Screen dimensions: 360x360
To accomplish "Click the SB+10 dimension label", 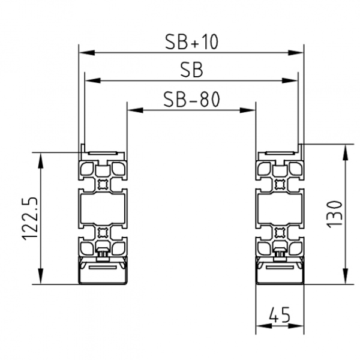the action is [x=191, y=41].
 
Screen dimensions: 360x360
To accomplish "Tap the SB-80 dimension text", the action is [x=191, y=100].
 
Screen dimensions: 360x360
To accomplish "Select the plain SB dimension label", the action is [x=191, y=70].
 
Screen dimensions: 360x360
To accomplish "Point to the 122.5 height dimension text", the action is [x=29, y=218].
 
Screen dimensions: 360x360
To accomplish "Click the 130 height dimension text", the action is [x=334, y=214].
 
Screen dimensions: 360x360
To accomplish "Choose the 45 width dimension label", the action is [x=280, y=314].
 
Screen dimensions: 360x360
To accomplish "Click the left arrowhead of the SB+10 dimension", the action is [x=87, y=53].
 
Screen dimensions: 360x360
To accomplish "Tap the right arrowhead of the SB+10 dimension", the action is [x=296, y=53].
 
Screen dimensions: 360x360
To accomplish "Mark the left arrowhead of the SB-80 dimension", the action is [x=135, y=110].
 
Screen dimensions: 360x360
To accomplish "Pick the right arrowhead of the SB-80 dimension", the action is [x=248, y=110].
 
